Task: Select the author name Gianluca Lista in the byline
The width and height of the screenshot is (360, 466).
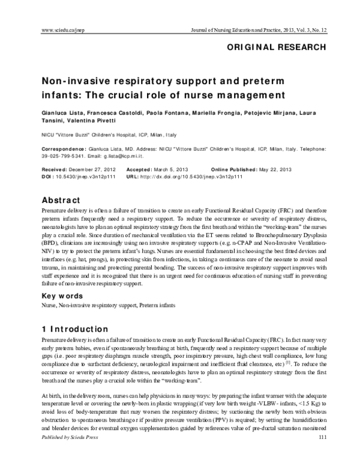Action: coord(60,113)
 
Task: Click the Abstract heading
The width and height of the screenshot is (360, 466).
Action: coord(62,199)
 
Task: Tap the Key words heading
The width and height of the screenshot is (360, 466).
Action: coord(62,295)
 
